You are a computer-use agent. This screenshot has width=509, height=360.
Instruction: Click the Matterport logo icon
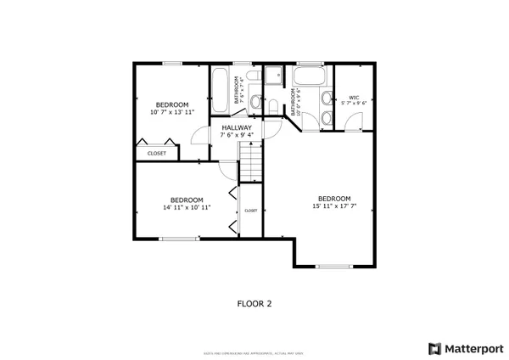pyautogui.click(x=435, y=348)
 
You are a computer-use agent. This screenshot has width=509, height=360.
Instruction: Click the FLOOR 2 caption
pyautogui.click(x=254, y=302)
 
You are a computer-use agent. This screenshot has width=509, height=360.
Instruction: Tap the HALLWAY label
pyautogui.click(x=237, y=127)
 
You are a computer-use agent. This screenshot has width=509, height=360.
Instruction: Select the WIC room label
pyautogui.click(x=354, y=98)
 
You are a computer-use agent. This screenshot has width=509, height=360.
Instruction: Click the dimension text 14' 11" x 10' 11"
pyautogui.click(x=187, y=206)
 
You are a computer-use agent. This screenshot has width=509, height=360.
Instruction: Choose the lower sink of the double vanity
pyautogui.click(x=326, y=117)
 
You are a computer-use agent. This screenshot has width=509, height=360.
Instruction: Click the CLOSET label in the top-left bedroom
pyautogui.click(x=157, y=154)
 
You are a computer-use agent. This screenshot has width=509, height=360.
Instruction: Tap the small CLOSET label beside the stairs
pyautogui.click(x=251, y=210)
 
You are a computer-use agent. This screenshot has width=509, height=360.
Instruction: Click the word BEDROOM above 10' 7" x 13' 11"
pyautogui.click(x=171, y=104)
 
